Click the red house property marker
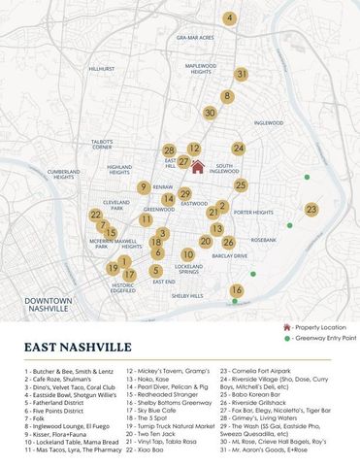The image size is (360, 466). tap(197, 165)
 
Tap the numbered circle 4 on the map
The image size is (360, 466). tap(229, 18)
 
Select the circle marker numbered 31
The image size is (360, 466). tap(242, 74)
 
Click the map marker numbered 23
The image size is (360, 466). tap(311, 210)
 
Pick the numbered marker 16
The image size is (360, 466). tap(236, 290)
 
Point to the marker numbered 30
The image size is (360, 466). tap(210, 113)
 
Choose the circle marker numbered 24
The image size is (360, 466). tap(238, 149)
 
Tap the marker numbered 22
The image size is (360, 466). tap(95, 215)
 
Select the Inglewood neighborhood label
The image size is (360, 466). tap(268, 123)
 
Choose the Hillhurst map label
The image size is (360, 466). tap(102, 69)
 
